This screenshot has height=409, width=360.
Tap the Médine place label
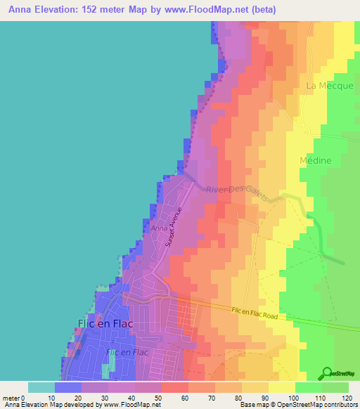pyautogui.click(x=315, y=160)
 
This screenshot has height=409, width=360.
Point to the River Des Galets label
pyautogui.click(x=237, y=191)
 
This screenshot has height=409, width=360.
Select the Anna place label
pyautogui.click(x=158, y=228)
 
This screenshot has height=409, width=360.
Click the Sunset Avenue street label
pyautogui.click(x=173, y=226)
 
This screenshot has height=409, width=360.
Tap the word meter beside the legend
pyautogui.click(x=11, y=398)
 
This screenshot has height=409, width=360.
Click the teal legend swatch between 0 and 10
pyautogui.click(x=41, y=387)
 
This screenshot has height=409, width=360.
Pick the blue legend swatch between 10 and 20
pyautogui.click(x=68, y=387)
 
